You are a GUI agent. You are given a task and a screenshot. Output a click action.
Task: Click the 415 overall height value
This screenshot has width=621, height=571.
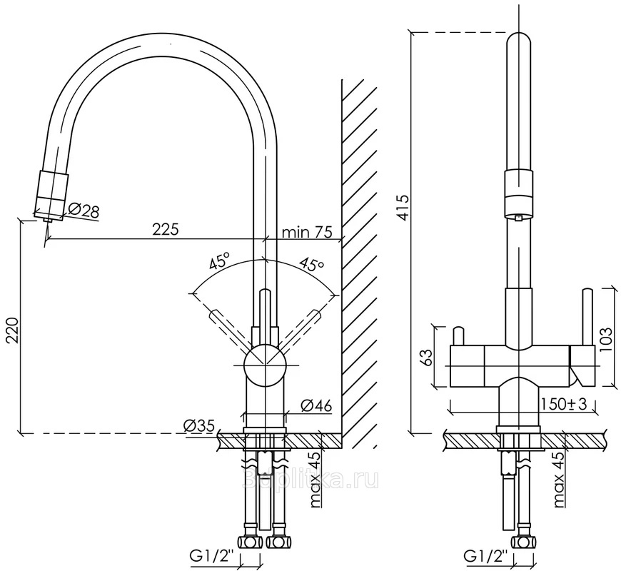403,207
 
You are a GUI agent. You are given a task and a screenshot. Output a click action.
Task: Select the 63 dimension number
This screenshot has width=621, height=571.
428,356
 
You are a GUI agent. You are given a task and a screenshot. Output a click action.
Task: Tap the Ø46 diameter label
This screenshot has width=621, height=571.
316,405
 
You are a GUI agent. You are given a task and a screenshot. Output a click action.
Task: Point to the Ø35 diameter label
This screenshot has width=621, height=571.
199,426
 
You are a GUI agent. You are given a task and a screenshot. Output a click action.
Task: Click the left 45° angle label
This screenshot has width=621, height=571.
219,261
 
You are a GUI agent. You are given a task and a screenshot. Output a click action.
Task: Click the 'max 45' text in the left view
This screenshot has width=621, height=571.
314,480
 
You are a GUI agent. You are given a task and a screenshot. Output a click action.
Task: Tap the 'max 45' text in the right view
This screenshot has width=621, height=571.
559,479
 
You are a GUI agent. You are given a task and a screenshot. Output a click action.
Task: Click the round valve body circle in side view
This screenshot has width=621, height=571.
265,364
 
